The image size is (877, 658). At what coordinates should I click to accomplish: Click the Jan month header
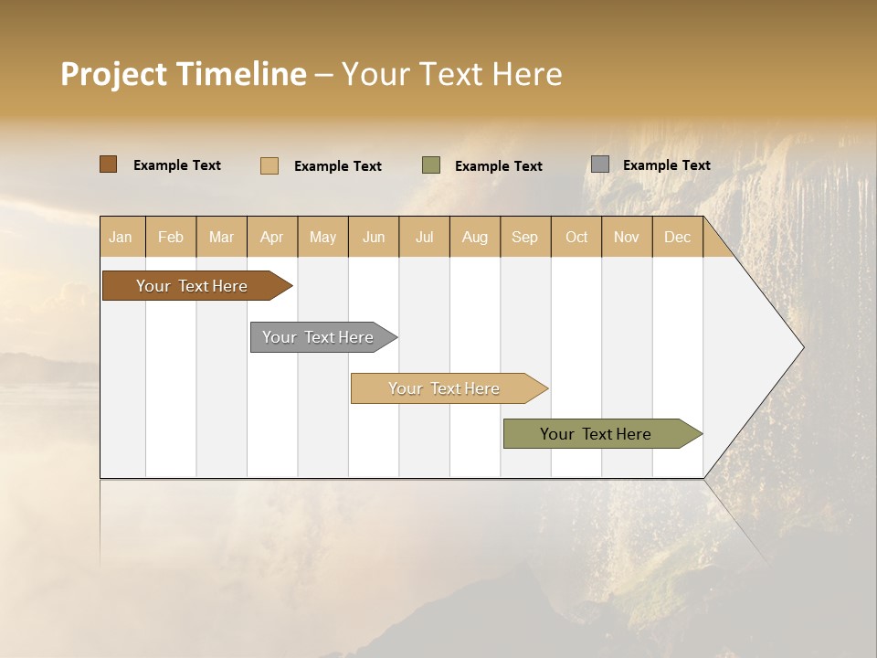click(121, 237)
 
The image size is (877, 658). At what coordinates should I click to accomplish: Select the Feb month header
click(171, 237)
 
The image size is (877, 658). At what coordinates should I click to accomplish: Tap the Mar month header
click(221, 237)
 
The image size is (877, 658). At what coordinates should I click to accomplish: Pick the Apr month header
click(272, 237)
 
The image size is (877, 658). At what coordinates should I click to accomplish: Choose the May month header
click(322, 237)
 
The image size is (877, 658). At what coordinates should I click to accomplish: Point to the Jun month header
click(374, 237)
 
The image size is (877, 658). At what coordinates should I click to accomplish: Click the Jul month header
click(425, 237)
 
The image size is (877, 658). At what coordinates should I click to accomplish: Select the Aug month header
click(475, 237)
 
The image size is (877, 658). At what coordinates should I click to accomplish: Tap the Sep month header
click(525, 237)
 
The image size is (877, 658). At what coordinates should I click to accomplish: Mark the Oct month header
click(576, 237)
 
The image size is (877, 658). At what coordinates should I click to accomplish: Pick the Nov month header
click(627, 237)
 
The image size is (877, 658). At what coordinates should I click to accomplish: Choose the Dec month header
click(678, 237)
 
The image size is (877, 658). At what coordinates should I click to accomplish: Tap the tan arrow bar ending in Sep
click(445, 388)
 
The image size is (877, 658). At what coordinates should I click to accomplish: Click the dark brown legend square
click(109, 164)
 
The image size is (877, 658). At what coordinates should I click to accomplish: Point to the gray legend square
click(600, 164)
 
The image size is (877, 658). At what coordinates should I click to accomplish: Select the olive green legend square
click(431, 165)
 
